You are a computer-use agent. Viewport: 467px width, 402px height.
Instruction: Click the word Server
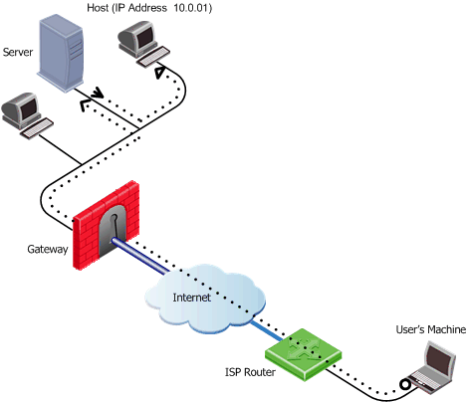pos(18,52)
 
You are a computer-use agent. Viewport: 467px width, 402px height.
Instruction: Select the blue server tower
pos(61,53)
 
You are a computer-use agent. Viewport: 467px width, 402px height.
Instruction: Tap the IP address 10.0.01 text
pos(192,8)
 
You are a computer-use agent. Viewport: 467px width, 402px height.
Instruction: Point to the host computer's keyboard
pos(152,57)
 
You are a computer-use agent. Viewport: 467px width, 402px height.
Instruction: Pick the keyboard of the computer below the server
pos(37,128)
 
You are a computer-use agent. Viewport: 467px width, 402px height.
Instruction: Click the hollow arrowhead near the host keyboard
pos(160,73)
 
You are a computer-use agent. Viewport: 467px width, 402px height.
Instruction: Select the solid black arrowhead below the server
pos(97,93)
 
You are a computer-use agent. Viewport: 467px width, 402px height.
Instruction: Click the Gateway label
pos(48,249)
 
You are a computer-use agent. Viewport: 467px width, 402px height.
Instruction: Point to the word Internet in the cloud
pos(191,298)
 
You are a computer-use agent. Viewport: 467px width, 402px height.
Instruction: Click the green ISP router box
pos(303,354)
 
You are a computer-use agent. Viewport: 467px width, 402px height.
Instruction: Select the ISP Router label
pos(250,372)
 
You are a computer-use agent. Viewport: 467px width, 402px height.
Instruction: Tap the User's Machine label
pos(431,329)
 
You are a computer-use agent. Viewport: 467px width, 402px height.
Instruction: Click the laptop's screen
pos(439,359)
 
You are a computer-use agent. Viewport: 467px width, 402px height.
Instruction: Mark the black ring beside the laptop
pos(405,385)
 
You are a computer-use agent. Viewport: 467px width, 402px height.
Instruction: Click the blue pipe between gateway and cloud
pos(138,256)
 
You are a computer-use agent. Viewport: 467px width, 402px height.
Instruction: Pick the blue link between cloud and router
pos(266,330)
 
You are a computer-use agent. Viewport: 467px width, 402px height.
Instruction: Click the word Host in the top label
pos(98,8)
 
